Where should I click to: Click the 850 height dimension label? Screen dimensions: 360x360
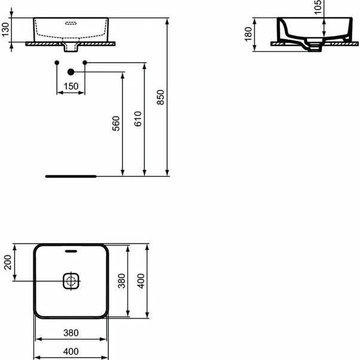click(161, 97)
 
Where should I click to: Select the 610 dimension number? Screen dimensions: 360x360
click(138, 119)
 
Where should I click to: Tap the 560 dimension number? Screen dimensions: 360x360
click(116, 124)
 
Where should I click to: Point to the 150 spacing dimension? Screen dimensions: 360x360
click(71, 87)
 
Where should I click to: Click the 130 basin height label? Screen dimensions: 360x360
click(5, 29)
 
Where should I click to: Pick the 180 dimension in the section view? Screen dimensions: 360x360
click(248, 34)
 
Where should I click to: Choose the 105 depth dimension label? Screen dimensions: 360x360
click(318, 7)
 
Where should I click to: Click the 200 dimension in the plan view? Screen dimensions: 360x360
click(8, 262)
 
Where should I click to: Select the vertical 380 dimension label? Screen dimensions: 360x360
click(121, 281)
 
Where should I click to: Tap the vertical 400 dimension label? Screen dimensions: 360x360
click(141, 281)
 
